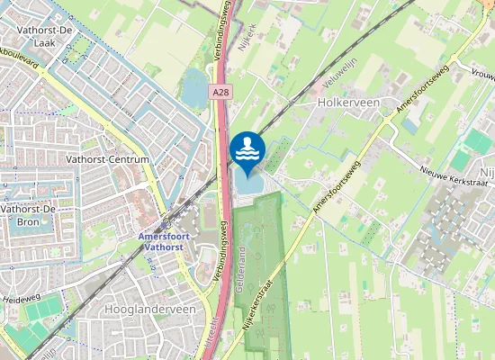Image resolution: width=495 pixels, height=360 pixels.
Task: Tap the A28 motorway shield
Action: [x=221, y=93]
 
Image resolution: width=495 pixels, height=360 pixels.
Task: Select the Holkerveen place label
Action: [x=348, y=103]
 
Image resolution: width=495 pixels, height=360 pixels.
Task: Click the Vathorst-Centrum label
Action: [x=107, y=159]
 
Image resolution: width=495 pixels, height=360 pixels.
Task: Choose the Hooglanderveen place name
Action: [x=150, y=309]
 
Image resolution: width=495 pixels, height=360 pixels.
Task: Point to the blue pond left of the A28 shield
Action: [x=194, y=88]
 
